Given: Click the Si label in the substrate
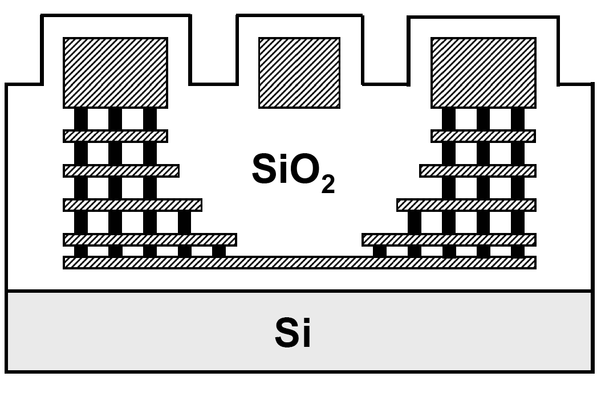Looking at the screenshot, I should [294, 334].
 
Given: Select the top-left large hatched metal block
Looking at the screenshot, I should [115, 72].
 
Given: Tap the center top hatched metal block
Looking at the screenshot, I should [299, 72].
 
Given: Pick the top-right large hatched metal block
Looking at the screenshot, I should [483, 72].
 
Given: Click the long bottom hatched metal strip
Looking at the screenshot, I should [299, 263].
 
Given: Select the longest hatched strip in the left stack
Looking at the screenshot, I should [150, 240].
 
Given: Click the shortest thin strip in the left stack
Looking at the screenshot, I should [115, 136].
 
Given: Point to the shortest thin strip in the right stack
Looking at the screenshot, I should [483, 136].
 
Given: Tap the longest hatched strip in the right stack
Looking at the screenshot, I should [449, 240].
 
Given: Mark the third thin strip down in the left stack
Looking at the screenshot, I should [132, 205].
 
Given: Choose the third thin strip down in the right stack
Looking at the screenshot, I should [466, 205].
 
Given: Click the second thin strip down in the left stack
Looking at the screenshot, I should [121, 171].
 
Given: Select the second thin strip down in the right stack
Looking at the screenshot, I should [478, 171].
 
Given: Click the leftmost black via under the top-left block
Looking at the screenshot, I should [81, 119].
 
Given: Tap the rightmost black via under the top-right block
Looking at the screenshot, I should [518, 119].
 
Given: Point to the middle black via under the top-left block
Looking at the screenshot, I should [115, 119].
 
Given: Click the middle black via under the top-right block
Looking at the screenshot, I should [483, 119].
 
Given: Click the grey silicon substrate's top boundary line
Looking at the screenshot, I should [299, 291].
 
